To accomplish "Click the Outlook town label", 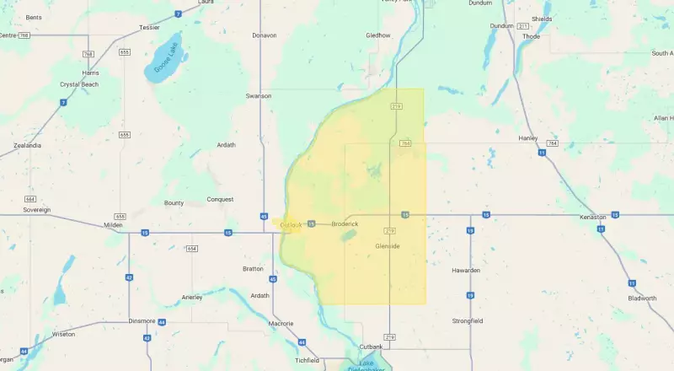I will click(x=290, y=224).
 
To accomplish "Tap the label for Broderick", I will click(x=345, y=223).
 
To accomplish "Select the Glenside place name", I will click(x=387, y=246).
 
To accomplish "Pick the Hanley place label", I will click(x=529, y=137).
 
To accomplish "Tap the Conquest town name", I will click(x=220, y=200).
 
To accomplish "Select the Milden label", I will click(x=113, y=225).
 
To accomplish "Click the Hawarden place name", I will click(x=466, y=270).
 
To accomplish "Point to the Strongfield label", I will click(x=468, y=320).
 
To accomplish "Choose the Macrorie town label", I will click(x=281, y=323).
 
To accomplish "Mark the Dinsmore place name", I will click(x=118, y=320).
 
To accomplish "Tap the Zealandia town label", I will click(x=27, y=145).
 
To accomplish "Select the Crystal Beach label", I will click(x=79, y=84).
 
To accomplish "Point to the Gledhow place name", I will click(x=378, y=35).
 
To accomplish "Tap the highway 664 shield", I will click(x=29, y=199).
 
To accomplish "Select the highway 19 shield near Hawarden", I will click(x=470, y=295).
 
